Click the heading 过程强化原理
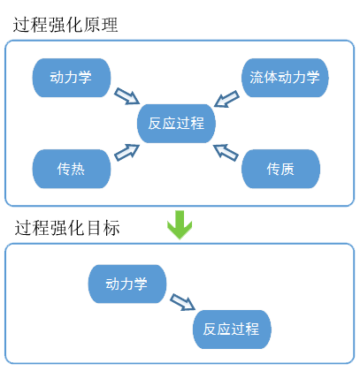click(65, 25)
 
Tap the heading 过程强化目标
click(67, 228)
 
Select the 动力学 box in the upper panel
click(72, 78)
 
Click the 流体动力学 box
click(285, 78)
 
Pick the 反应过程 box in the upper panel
click(176, 124)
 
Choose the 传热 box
click(72, 169)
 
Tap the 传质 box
click(280, 169)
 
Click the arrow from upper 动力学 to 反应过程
click(126, 96)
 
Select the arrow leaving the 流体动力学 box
click(226, 99)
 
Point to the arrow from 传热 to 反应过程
click(126, 153)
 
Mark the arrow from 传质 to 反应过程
click(226, 153)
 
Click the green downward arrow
click(180, 224)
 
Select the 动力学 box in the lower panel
click(127, 284)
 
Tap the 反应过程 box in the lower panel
click(232, 329)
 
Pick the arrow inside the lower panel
click(183, 302)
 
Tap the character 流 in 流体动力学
click(257, 78)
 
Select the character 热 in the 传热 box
click(78, 169)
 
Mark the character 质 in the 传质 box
click(287, 169)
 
